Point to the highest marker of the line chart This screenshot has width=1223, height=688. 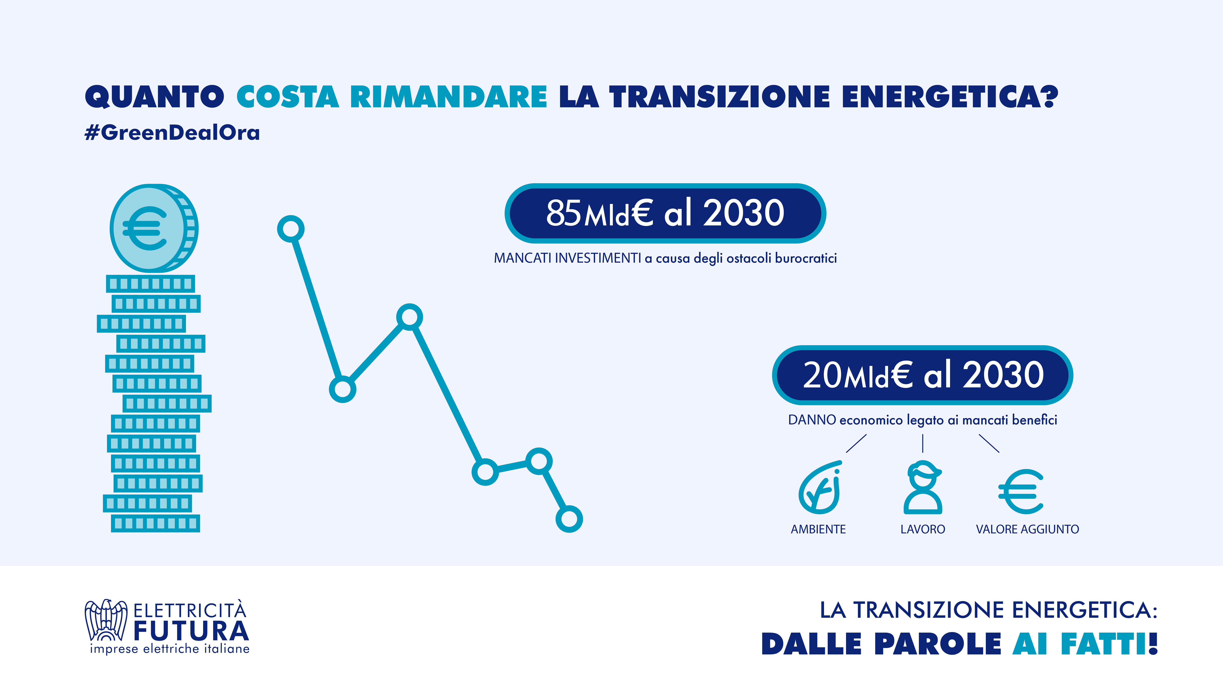[291, 229]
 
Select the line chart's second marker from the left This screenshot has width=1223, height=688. [342, 389]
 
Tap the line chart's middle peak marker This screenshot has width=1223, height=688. [409, 317]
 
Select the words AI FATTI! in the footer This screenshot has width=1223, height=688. [1085, 644]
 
